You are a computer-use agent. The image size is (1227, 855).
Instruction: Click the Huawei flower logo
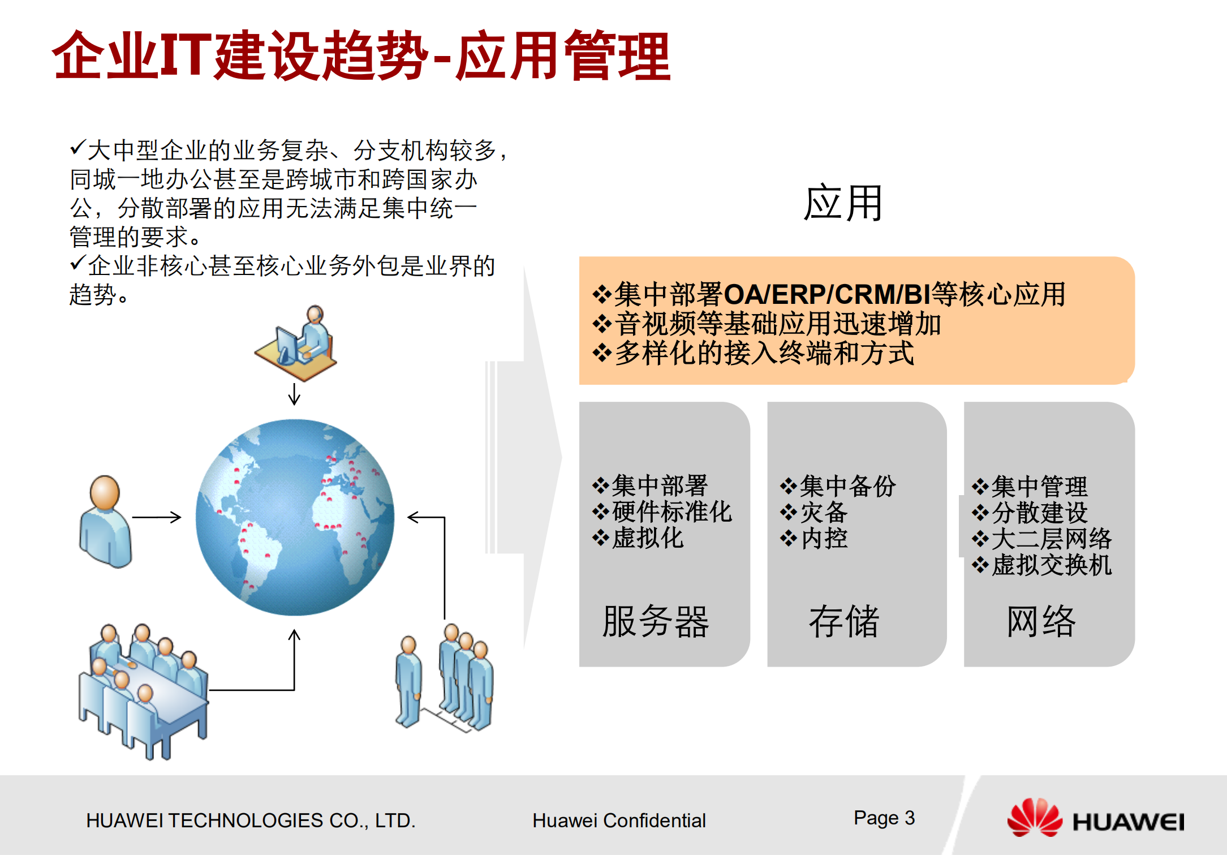(x=1035, y=817)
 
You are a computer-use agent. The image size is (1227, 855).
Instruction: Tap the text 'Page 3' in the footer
(x=884, y=818)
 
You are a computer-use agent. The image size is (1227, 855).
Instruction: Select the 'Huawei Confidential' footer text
(x=619, y=820)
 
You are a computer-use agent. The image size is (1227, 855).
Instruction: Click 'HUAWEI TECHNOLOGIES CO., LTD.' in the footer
(x=251, y=820)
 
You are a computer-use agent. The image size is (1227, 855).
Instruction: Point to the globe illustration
(x=295, y=517)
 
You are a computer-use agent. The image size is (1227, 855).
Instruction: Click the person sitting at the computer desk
(x=297, y=342)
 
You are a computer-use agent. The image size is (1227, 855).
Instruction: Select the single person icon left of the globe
(x=105, y=521)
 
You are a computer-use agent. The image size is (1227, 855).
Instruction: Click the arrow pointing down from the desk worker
(x=294, y=394)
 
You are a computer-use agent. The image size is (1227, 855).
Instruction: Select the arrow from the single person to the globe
(x=157, y=517)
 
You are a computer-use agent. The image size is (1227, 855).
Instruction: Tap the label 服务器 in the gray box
(x=656, y=621)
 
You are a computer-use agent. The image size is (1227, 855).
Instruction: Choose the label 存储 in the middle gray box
(x=844, y=621)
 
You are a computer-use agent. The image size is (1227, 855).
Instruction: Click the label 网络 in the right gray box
(x=1041, y=621)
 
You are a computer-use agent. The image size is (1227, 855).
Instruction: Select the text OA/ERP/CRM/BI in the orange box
(x=827, y=295)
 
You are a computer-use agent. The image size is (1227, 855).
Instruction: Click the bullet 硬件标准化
(x=671, y=512)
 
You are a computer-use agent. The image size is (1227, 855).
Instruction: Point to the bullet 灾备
(x=824, y=513)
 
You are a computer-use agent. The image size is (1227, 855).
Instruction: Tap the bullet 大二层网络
(x=1051, y=539)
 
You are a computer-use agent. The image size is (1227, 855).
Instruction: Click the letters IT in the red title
(x=186, y=55)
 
